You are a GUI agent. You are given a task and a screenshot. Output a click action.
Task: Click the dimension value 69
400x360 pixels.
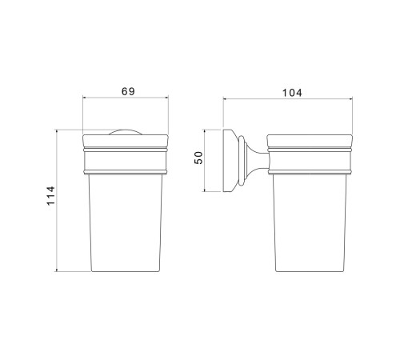point(128,91)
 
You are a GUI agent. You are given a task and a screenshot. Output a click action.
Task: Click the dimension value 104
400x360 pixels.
point(292,93)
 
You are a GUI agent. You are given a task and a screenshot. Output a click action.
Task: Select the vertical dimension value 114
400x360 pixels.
point(50,196)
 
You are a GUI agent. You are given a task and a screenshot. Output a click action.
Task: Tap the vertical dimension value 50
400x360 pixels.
point(198,158)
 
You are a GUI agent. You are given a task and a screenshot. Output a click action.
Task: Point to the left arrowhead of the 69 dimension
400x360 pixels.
point(85,98)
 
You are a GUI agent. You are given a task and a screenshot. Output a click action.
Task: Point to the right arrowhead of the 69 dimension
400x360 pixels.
point(167,98)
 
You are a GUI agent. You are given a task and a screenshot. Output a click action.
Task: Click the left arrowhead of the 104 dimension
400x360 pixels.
point(225,99)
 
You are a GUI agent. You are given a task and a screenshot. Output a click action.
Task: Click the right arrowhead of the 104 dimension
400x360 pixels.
point(351,99)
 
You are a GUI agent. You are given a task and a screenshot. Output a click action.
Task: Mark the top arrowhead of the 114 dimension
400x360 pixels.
point(57,131)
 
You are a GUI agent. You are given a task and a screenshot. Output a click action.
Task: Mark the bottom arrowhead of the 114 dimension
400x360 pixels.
point(57,270)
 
